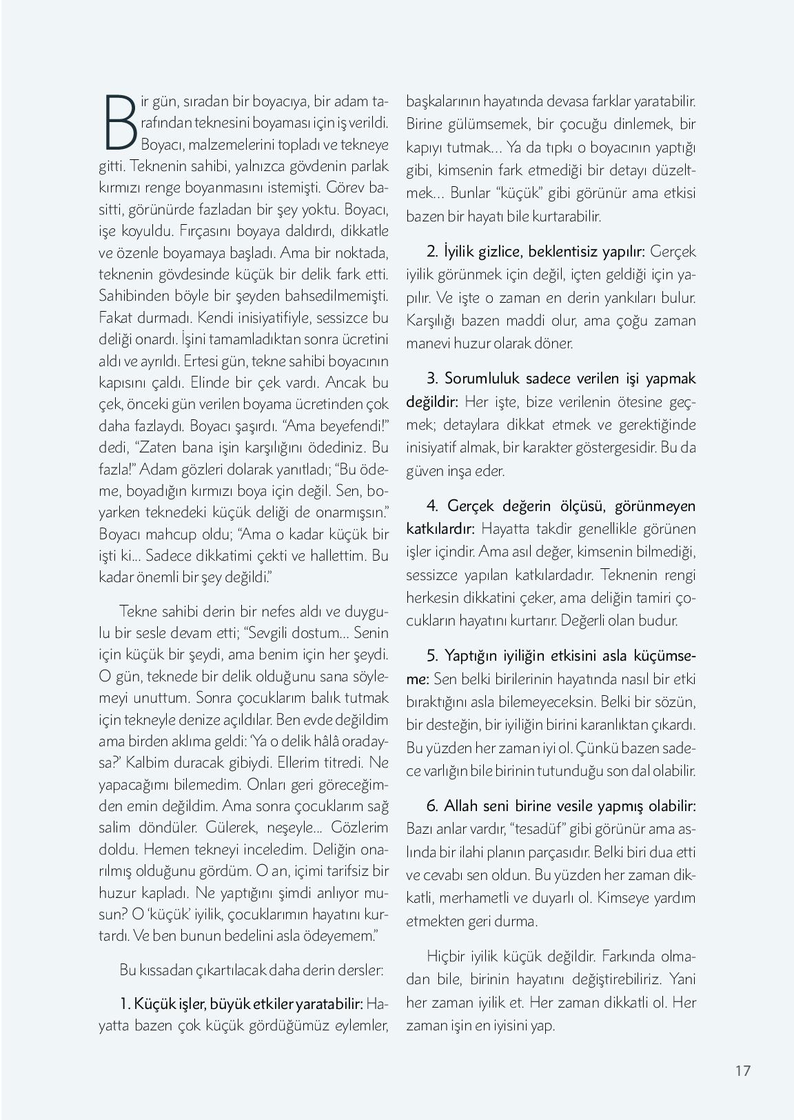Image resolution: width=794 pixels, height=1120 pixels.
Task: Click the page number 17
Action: [742, 1070]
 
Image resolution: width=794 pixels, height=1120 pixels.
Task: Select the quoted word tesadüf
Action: [538, 829]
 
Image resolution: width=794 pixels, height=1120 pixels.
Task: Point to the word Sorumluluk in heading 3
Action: [481, 379]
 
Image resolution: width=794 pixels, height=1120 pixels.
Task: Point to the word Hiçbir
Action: [447, 957]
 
